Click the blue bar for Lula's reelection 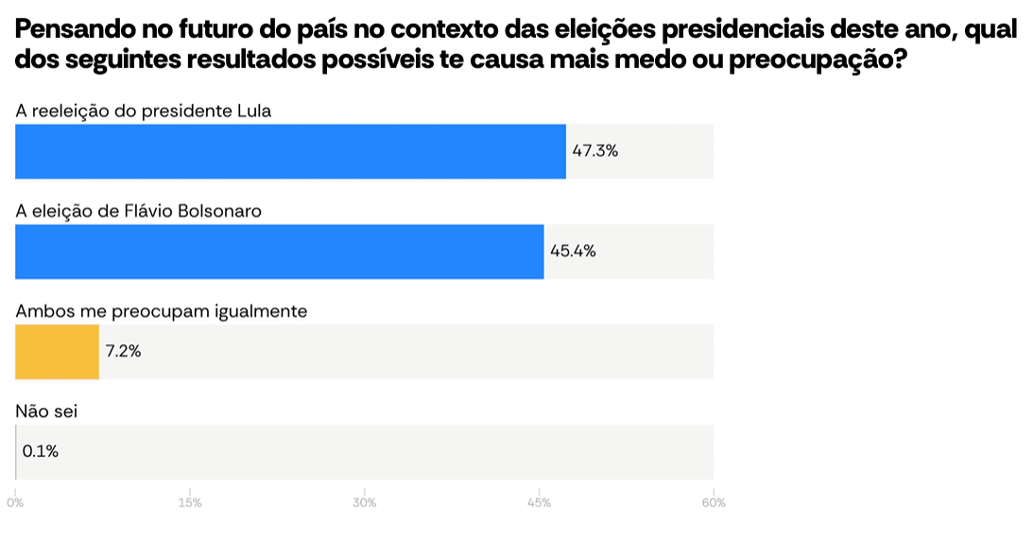290,151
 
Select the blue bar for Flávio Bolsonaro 279,252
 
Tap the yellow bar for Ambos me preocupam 57,352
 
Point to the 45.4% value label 573,251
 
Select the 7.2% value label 124,351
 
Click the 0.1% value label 41,451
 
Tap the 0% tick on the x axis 15,503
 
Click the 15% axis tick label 190,503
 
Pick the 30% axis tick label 365,503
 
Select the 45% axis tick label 539,503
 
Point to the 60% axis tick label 714,503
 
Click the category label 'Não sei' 46,411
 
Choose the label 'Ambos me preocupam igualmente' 162,310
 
